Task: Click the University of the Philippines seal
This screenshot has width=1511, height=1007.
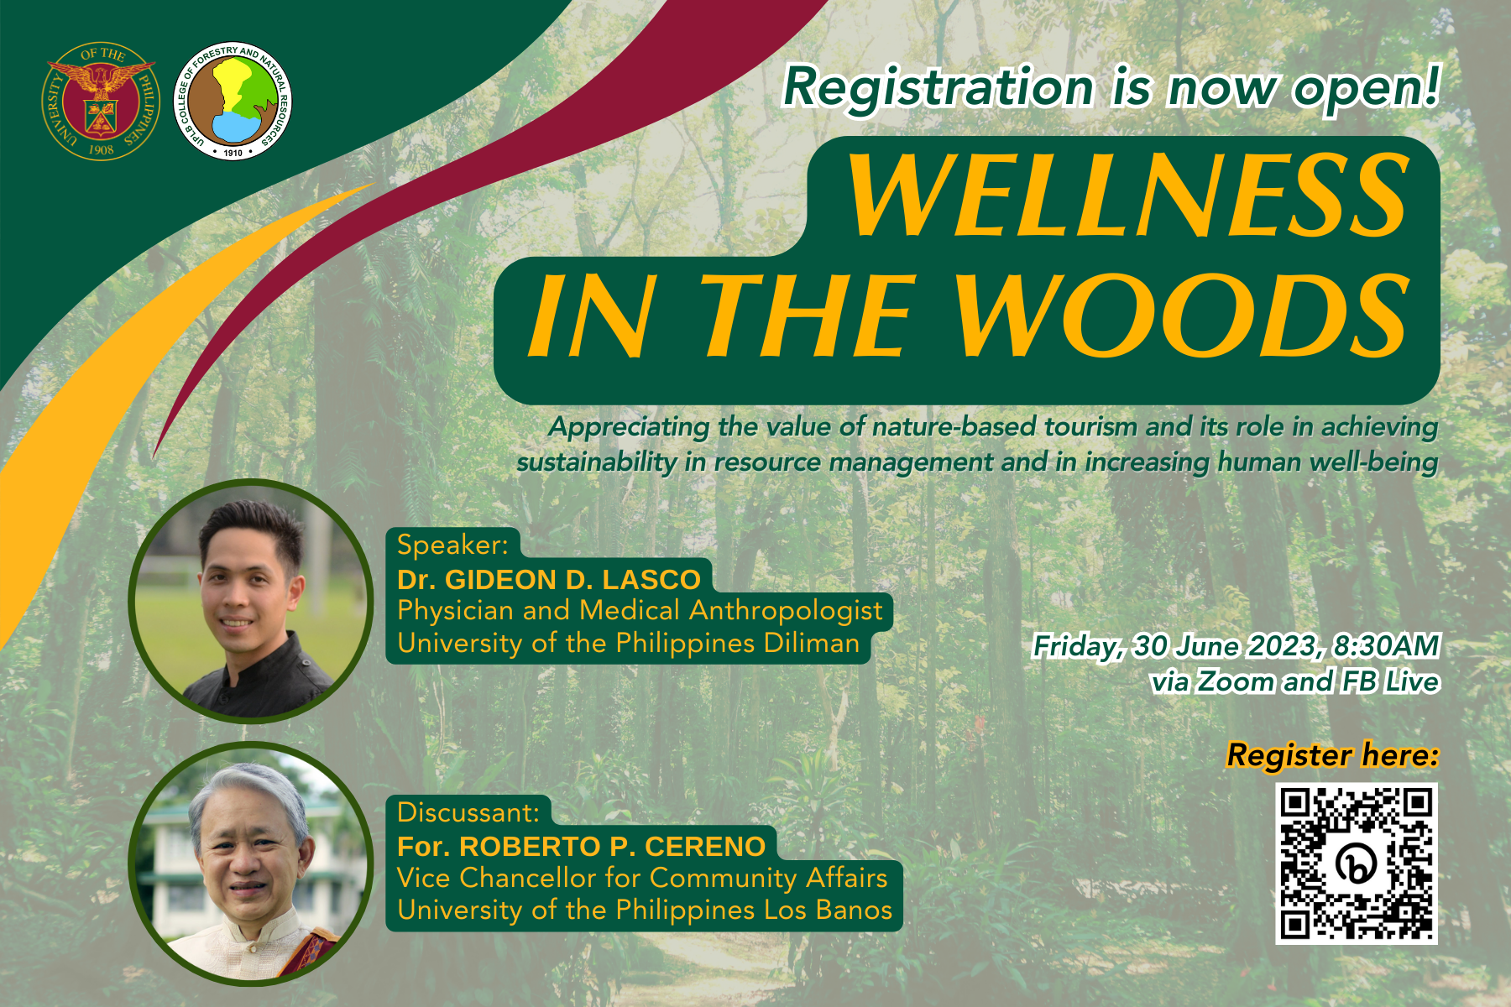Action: pyautogui.click(x=101, y=102)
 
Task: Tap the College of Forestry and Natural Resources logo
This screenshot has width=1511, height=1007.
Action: pyautogui.click(x=233, y=102)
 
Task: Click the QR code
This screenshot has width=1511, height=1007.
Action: pyautogui.click(x=1357, y=864)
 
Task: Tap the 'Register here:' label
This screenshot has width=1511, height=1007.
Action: pyautogui.click(x=1332, y=755)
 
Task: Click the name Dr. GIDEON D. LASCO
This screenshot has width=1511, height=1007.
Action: pyautogui.click(x=549, y=580)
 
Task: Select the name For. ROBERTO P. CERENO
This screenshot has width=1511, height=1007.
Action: pyautogui.click(x=581, y=847)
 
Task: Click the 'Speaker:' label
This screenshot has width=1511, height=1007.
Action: pyautogui.click(x=453, y=545)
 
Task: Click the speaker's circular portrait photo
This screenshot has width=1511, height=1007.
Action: pyautogui.click(x=251, y=601)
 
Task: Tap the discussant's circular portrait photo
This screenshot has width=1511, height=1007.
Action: pyautogui.click(x=251, y=864)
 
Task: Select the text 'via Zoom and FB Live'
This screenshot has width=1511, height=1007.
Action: pyautogui.click(x=1295, y=682)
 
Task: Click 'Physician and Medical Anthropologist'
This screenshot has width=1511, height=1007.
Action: pyautogui.click(x=640, y=611)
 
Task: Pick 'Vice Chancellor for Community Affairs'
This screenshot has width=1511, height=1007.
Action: pyautogui.click(x=642, y=878)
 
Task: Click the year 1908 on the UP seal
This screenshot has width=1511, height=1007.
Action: pyautogui.click(x=101, y=149)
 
